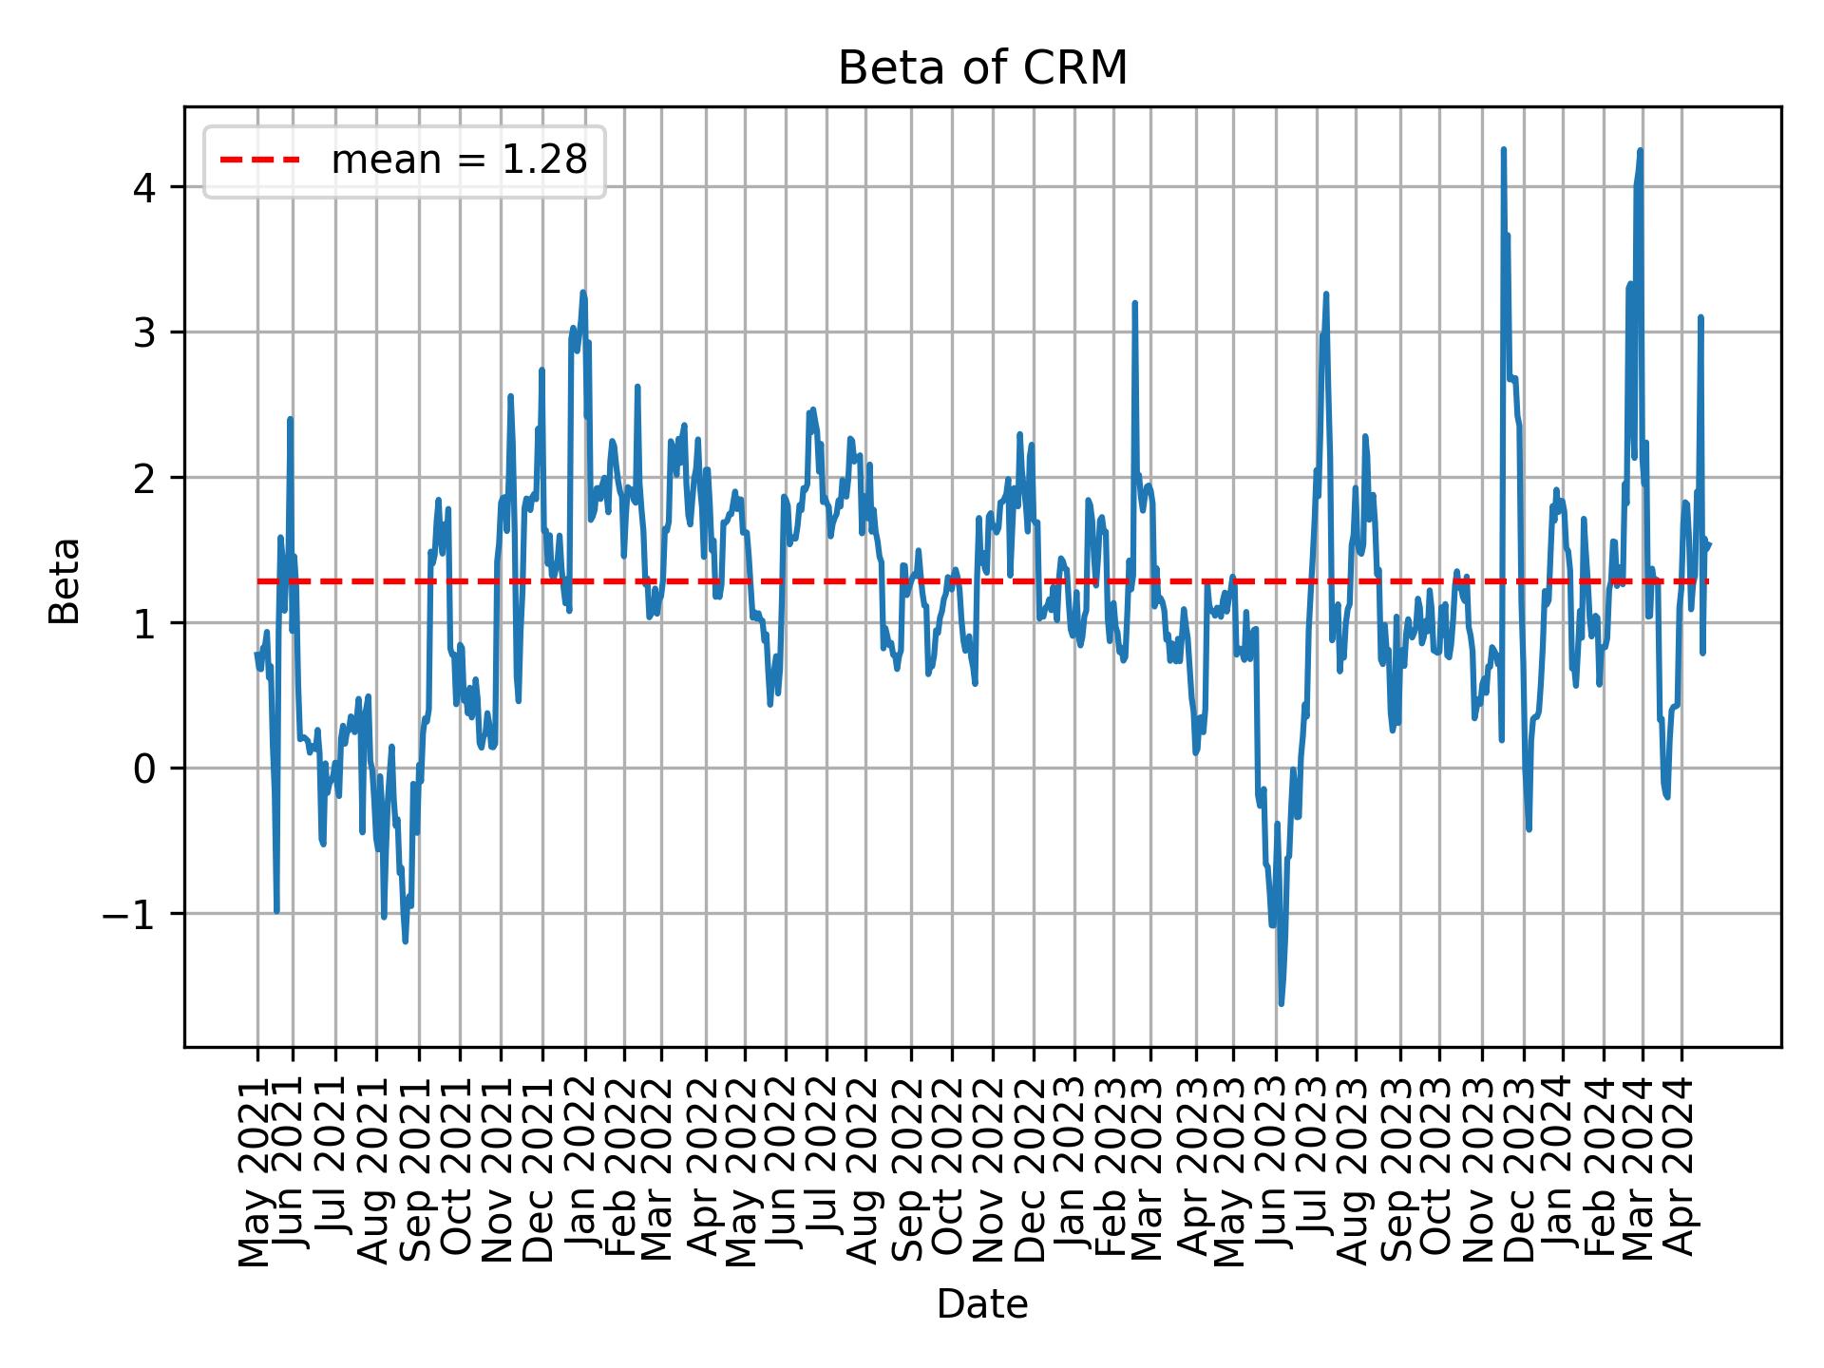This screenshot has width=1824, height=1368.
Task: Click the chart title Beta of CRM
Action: click(x=982, y=68)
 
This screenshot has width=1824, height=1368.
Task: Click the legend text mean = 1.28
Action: click(x=459, y=161)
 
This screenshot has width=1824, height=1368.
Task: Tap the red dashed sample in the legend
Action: click(x=260, y=161)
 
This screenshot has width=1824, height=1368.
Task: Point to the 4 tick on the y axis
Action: click(x=143, y=187)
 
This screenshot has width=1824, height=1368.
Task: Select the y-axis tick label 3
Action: click(x=143, y=332)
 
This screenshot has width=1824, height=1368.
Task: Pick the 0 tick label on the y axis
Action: click(x=143, y=769)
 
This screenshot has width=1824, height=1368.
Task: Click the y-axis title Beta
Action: click(x=65, y=579)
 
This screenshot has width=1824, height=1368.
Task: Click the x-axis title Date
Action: click(x=982, y=1304)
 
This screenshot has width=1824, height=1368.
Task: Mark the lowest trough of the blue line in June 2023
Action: click(x=1281, y=1003)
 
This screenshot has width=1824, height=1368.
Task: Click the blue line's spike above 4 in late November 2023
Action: click(x=1503, y=150)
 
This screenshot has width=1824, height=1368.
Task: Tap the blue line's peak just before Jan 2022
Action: click(x=583, y=294)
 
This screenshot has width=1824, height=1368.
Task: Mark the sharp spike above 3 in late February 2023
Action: click(x=1134, y=304)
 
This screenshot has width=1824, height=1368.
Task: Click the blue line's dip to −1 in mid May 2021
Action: click(x=276, y=910)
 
